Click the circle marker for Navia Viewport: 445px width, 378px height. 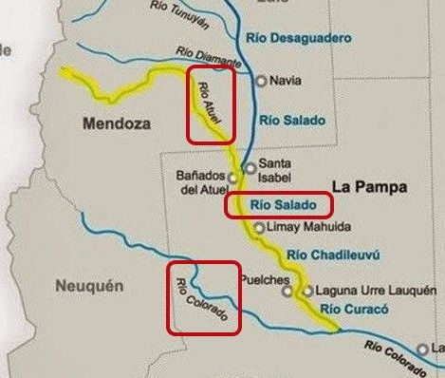(262, 81)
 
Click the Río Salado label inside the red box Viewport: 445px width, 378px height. (278, 204)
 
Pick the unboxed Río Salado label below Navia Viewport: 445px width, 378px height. (291, 120)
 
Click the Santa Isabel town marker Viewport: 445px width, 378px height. (250, 167)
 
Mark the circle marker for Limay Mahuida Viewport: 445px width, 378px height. (259, 228)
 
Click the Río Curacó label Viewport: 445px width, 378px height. (350, 310)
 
